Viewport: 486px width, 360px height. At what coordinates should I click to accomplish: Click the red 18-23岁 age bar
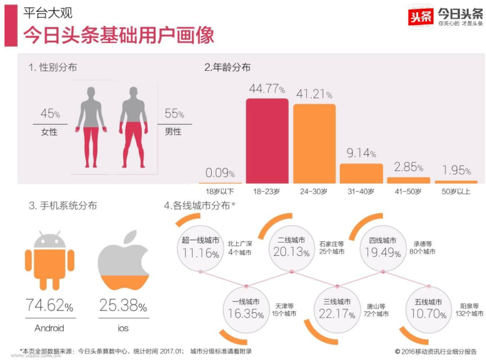267,141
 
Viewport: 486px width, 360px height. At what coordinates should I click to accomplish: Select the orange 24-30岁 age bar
314,143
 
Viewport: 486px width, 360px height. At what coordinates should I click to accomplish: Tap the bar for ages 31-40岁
361,173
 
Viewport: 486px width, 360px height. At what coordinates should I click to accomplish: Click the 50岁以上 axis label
456,191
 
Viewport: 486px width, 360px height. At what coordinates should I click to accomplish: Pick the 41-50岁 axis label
408,191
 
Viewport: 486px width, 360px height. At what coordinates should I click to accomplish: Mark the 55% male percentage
174,114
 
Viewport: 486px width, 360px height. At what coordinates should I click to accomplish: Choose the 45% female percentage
50,114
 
